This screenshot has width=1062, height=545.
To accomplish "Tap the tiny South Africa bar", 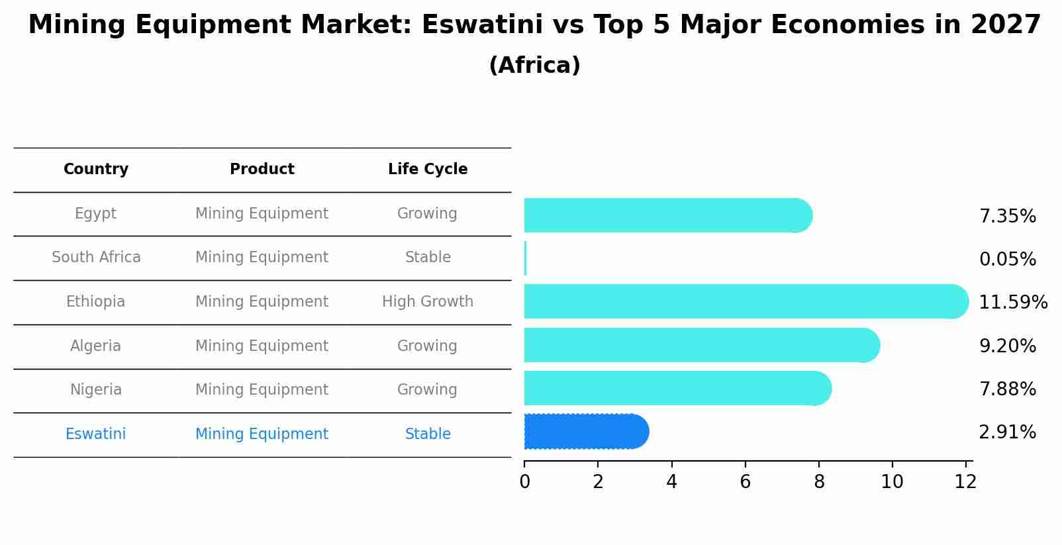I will (x=525, y=258).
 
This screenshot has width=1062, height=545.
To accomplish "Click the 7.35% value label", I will (x=1007, y=217).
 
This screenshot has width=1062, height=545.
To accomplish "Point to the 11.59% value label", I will (x=1012, y=303).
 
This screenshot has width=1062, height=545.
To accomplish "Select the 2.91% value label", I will (x=1007, y=432).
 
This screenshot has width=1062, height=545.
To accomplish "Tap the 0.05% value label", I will (x=1007, y=260).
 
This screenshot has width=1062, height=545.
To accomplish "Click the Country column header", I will (x=96, y=170).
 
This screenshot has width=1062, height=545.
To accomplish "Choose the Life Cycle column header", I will (x=428, y=170).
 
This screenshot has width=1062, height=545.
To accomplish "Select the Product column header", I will (x=262, y=170).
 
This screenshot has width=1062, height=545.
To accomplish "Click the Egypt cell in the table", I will (x=95, y=214).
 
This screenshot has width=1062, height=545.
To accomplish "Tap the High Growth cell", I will (x=428, y=302).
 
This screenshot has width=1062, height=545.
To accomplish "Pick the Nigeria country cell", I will (x=95, y=390).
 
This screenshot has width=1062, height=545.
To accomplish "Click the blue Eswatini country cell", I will (x=95, y=434).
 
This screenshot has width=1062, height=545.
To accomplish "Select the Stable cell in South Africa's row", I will (x=428, y=258).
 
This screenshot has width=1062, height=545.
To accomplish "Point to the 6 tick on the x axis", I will (x=745, y=482).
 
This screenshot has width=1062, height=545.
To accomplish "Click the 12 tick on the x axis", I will (x=965, y=482).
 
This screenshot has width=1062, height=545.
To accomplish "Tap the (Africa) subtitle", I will (x=534, y=66).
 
